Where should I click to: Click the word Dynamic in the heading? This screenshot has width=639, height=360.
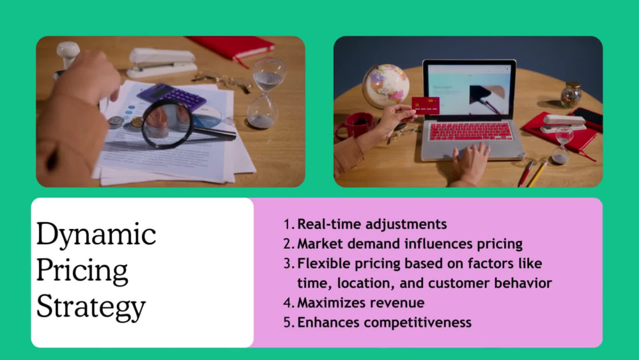pos(96,235)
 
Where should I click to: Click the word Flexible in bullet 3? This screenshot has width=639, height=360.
pos(321,263)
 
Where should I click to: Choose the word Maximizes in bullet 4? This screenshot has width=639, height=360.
pos(329,302)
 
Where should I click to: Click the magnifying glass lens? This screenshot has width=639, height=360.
pos(167,122)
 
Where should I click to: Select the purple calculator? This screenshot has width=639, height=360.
pos(172,97)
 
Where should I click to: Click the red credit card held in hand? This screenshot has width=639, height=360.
pos(425,105)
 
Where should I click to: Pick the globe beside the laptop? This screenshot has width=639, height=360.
pos(385,86)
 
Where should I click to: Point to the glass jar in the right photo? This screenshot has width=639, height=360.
pos(571,95)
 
